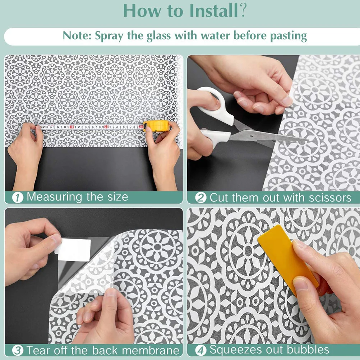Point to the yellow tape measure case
coord(156,125)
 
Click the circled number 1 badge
coord(18,198)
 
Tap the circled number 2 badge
coord(201,198)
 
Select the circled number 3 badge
coord(18,351)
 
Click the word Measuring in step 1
coord(55,197)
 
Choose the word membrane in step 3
coord(151,351)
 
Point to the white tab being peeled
coord(73,250)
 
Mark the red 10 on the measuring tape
coord(71,127)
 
